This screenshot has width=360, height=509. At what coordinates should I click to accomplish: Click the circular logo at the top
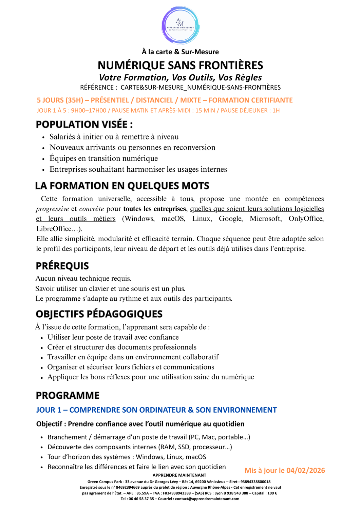pos(180,25)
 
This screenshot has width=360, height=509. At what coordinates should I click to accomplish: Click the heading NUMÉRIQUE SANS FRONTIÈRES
pos(180,65)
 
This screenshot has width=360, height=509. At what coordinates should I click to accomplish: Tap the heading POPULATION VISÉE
pos(84,124)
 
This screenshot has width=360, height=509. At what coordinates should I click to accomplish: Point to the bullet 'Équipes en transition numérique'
pos(103,158)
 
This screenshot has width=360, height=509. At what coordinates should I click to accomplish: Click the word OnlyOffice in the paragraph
pos(306,219)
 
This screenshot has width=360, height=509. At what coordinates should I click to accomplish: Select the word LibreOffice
pos(54,229)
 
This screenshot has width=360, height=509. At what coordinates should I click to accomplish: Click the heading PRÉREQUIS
pos(62,266)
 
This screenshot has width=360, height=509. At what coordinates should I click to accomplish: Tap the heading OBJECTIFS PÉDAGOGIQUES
pos(99,314)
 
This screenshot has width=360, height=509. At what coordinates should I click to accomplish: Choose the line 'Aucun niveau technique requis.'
pos(83,279)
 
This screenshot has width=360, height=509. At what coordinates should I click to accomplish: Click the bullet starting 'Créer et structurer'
pos(122,347)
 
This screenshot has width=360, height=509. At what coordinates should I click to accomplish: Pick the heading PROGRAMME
pos(68,395)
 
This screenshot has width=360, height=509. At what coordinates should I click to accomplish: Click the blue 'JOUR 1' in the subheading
pos(49,410)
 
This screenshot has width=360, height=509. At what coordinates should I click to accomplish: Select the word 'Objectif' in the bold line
pos(49,424)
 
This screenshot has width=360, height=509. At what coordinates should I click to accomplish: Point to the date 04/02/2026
pos(305,470)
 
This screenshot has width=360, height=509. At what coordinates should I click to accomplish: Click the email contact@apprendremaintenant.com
pos(207,499)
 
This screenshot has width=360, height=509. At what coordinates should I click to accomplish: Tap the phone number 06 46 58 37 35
pos(141,499)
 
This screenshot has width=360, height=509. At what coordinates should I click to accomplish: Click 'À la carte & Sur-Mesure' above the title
pos(180,52)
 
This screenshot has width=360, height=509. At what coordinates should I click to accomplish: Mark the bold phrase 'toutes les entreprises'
pos(154,209)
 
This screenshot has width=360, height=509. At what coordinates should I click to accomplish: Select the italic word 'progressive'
pos(52,209)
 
